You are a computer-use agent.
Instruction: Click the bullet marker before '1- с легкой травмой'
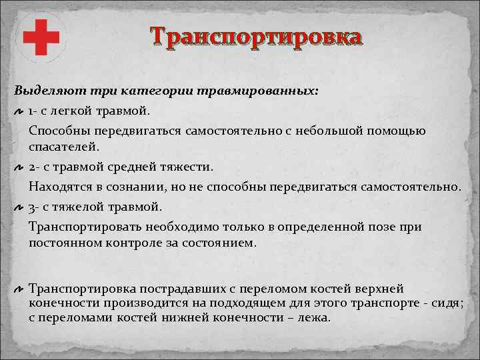(19, 109)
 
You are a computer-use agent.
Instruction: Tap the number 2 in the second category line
(32, 165)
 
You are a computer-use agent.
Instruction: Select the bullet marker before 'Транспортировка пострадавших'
(19, 290)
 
